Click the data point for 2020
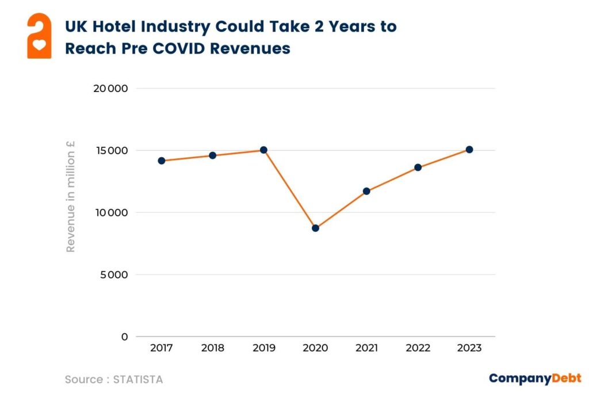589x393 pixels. tap(315, 228)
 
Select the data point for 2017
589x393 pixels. tap(162, 161)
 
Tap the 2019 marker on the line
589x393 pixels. tap(263, 150)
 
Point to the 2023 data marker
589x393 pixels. tap(469, 149)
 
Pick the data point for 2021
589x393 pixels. tap(366, 191)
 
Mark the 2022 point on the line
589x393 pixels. tap(418, 167)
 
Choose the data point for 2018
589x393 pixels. tap(212, 155)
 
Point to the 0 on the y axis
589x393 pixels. tap(124, 337)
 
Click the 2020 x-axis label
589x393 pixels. tap(315, 348)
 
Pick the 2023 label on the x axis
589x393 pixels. tap(469, 348)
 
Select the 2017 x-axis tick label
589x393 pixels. tap(162, 348)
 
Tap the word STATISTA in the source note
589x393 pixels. tap(138, 380)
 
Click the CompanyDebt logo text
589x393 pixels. tap(535, 378)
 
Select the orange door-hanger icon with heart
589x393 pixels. tap(39, 36)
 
